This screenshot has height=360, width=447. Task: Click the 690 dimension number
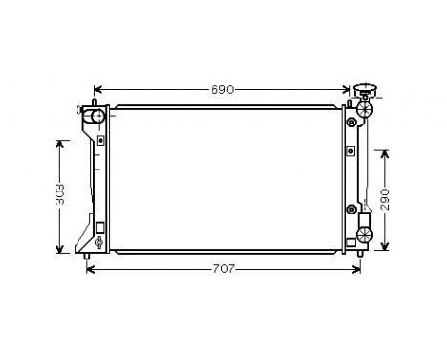click(x=222, y=90)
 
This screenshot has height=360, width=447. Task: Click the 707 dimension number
click(x=222, y=269)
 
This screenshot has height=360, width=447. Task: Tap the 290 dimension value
click(x=384, y=198)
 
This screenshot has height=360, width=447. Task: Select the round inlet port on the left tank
click(x=97, y=118)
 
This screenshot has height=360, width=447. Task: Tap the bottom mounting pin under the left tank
click(x=89, y=256)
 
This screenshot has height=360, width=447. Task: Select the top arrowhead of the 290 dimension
click(x=384, y=152)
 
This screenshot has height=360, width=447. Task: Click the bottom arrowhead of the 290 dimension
click(x=384, y=246)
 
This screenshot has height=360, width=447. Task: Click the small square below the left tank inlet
click(x=100, y=229)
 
